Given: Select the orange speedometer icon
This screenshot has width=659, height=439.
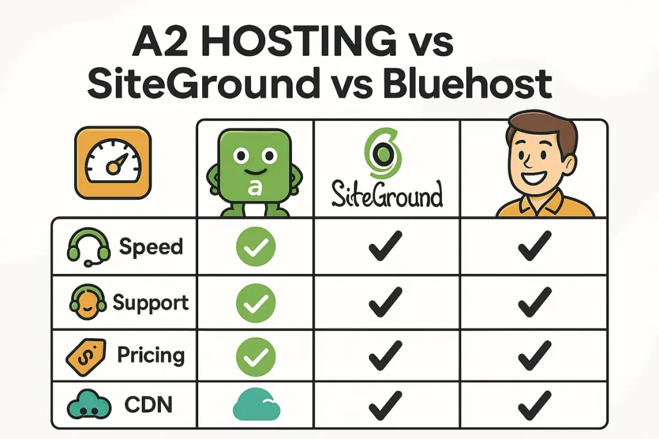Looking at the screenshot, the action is pos(113,163).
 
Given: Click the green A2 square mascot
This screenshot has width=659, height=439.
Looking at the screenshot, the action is pos(255,172).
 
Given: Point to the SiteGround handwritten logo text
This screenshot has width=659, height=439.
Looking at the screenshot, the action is pos(387,194).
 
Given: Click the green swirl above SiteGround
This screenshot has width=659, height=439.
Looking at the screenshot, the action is pos(383,153).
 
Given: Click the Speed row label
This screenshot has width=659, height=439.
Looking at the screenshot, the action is pos(151,246).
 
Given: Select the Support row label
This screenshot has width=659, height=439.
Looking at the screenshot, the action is pos(151,303).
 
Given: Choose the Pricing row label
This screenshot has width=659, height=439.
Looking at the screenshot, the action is pos(151,355).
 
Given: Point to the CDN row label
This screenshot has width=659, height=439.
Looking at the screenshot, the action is pos(149,405).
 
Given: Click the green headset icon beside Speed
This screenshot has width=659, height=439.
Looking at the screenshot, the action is pos(89,247).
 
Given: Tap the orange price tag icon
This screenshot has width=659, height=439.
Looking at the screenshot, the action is pos(86,357).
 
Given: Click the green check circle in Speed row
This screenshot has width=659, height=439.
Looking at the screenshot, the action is pos(255,246).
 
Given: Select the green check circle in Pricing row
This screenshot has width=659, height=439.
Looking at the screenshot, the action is pos(255,357).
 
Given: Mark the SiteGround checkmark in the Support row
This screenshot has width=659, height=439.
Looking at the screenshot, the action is pos(385,301).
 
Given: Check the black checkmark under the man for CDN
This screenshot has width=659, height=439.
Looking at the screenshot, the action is pos(535,405).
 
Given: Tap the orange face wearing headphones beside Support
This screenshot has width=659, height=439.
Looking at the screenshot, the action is pos(88,302).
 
